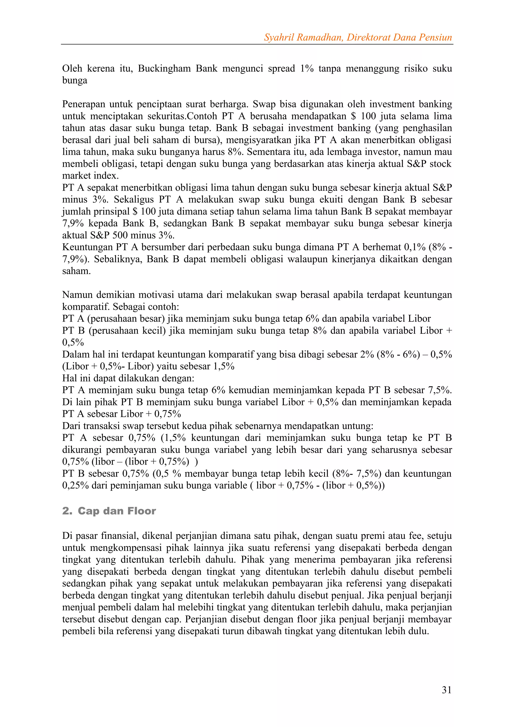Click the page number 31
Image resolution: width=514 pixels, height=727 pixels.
coord(446,690)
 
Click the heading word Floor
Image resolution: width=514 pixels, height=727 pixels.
coord(142,511)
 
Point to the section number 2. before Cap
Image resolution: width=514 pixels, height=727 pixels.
coord(68,511)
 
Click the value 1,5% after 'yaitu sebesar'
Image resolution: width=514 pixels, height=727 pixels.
coord(224,366)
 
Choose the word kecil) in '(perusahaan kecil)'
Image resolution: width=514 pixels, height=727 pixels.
coord(154,331)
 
